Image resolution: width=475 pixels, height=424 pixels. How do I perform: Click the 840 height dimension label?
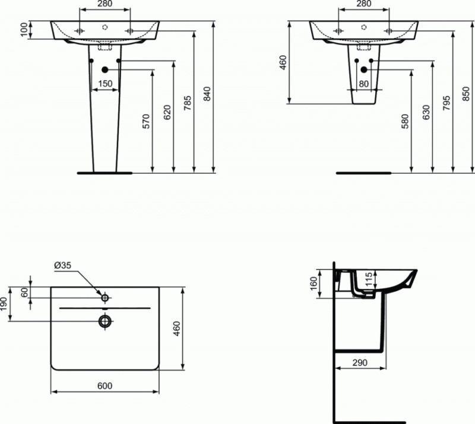point(207,94)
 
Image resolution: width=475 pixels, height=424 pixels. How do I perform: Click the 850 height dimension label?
point(466,94)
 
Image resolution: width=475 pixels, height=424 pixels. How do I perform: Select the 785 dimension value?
point(188,103)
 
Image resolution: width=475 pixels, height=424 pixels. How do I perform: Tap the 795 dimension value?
point(447,103)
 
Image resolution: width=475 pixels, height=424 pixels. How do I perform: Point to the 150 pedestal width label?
point(105,84)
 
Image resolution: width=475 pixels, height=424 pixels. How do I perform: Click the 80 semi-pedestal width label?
point(363,84)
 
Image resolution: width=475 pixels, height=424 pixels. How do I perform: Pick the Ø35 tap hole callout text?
point(63,265)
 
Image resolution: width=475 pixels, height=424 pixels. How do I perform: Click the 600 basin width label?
point(105,386)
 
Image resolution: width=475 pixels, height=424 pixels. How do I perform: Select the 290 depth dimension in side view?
point(360,362)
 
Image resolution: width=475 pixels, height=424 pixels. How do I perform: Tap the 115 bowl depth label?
point(368,279)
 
